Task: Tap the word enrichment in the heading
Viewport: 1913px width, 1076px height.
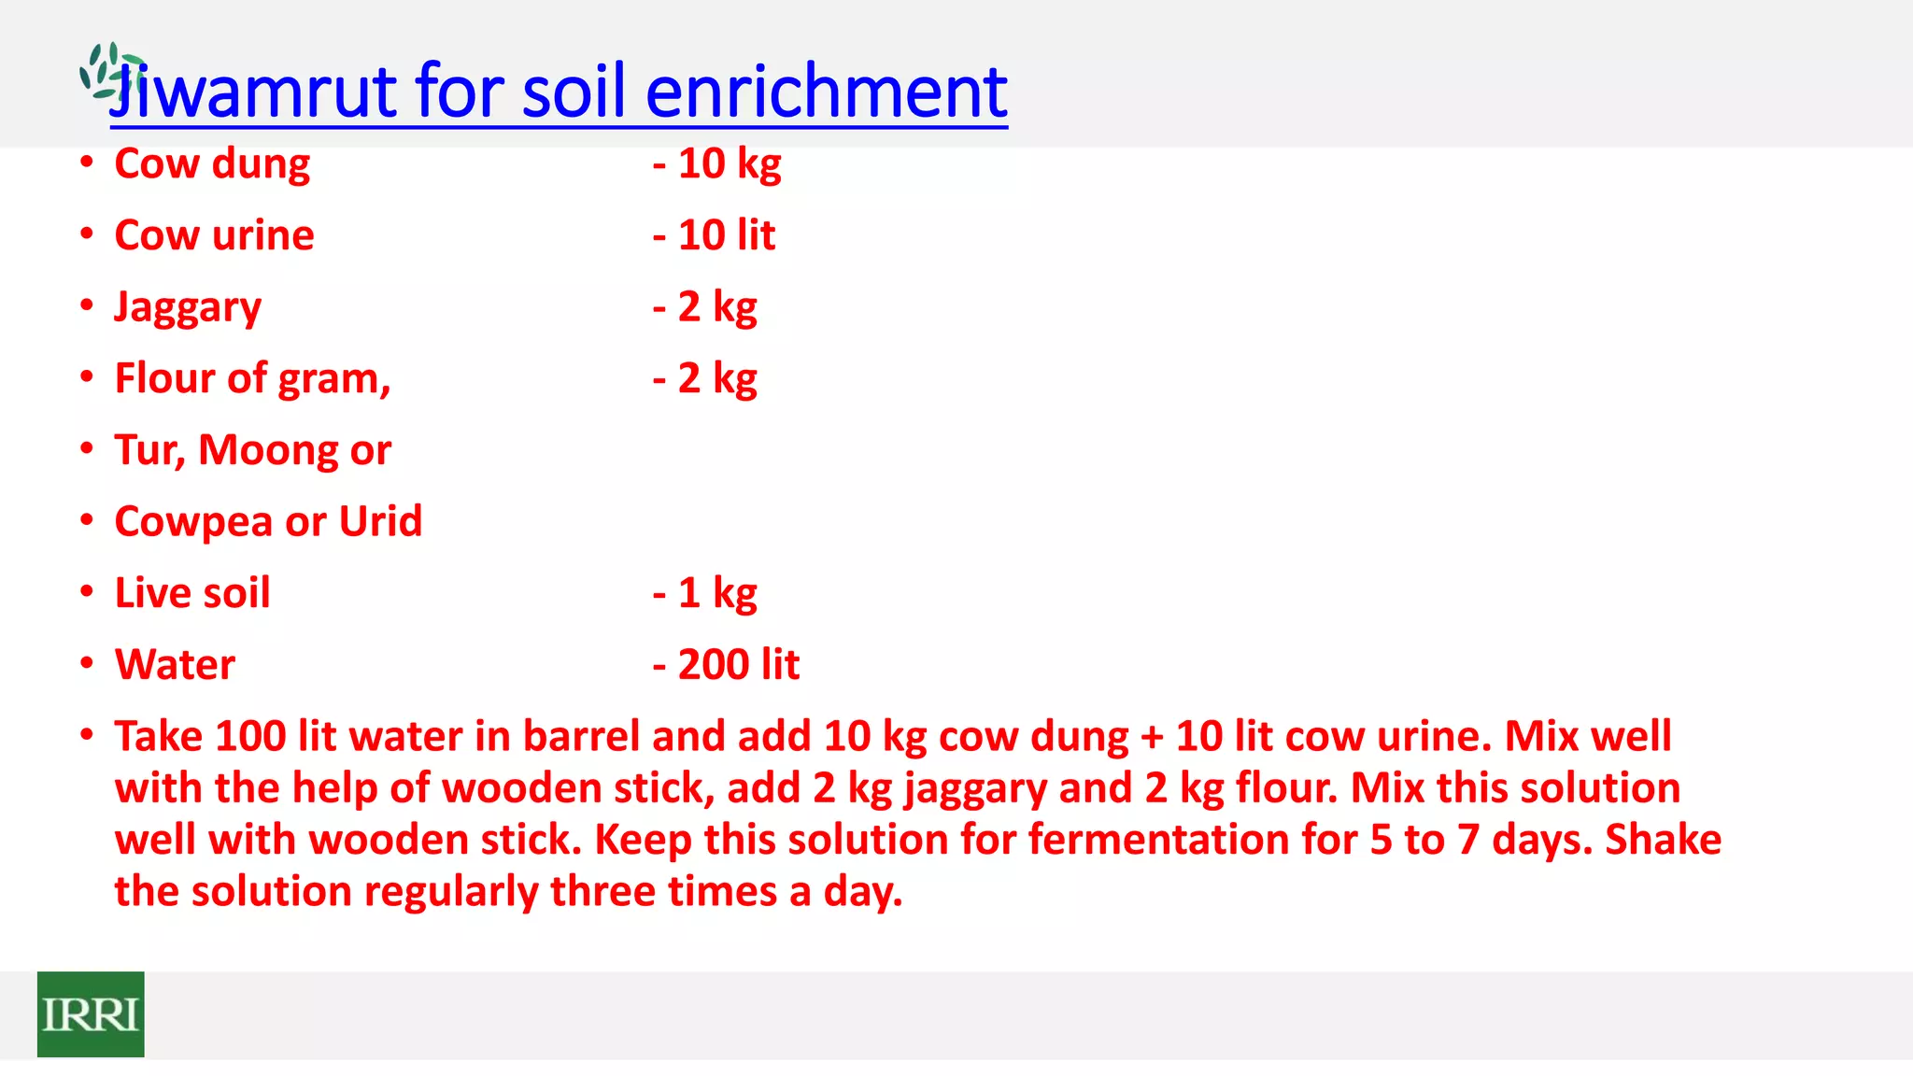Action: [826, 92]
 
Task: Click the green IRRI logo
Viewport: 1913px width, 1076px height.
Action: [91, 1014]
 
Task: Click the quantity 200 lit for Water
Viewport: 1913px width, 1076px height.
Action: [738, 665]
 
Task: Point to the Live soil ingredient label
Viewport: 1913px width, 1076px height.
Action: [192, 593]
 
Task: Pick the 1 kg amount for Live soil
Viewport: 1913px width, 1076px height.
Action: [716, 593]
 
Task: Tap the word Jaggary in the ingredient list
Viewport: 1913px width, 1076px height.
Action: [188, 307]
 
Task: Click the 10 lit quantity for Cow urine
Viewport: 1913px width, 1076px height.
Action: [726, 235]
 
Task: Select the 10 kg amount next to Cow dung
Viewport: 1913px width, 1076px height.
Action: [729, 163]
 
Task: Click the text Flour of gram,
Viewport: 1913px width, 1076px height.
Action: [252, 379]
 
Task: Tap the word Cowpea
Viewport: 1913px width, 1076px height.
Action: [194, 522]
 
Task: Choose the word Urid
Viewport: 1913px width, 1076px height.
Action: [380, 521]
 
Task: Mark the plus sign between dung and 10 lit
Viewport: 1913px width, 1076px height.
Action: [1152, 737]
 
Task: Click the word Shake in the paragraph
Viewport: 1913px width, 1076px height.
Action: [1663, 839]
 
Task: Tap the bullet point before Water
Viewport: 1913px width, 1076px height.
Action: [87, 663]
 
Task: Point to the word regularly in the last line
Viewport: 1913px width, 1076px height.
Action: [451, 891]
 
